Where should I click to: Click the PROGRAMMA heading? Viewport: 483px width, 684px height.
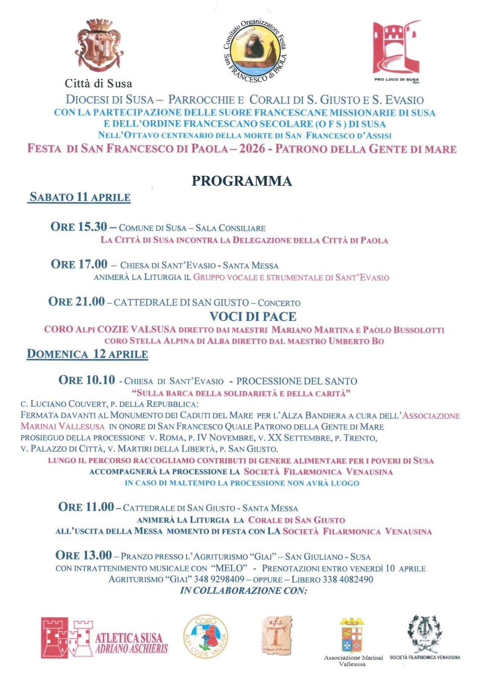(241, 181)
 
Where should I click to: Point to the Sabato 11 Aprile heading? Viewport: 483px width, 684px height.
(80, 197)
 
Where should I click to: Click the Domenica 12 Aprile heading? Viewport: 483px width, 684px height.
(87, 354)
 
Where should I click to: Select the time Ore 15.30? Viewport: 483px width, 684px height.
(79, 227)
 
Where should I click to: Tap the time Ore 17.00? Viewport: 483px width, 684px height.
(79, 264)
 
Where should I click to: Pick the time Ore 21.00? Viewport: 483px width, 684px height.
(76, 302)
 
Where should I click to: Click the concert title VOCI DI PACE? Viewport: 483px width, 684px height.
(253, 317)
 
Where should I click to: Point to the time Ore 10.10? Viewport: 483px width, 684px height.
(87, 380)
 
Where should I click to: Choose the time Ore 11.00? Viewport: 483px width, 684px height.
(86, 507)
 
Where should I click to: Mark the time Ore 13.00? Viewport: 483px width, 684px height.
(84, 555)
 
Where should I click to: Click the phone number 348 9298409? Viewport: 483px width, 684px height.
(219, 579)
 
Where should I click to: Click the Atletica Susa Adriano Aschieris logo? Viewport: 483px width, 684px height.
(105, 637)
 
